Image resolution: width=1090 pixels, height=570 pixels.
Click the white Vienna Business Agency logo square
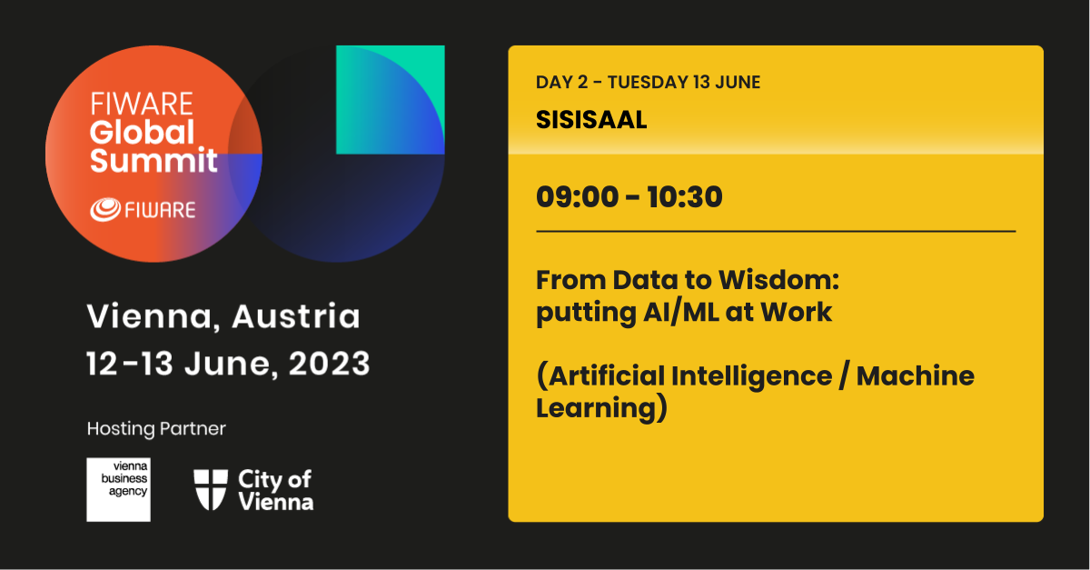tap(118, 489)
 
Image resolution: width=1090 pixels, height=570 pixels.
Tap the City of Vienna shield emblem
tap(211, 490)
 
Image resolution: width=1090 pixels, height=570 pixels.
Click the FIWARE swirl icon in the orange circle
tap(105, 209)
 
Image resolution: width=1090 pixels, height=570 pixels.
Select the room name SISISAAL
tap(591, 120)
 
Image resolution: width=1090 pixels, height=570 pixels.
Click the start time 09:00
tap(577, 197)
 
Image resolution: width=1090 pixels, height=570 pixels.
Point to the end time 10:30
tap(685, 197)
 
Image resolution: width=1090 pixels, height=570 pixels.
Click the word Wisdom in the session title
tap(779, 280)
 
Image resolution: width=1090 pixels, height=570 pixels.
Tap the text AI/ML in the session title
tap(680, 313)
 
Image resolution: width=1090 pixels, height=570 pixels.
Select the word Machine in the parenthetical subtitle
tap(916, 376)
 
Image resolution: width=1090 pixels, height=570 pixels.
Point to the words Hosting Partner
tap(156, 429)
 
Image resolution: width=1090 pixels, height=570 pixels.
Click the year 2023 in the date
tap(330, 364)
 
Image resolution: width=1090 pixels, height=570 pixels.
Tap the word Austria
tap(296, 316)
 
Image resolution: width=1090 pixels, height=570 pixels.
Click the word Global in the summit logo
tap(142, 132)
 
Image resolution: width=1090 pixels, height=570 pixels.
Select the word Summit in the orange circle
tap(154, 160)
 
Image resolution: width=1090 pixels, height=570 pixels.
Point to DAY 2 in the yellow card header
tap(561, 83)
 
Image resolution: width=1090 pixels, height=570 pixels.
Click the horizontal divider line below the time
tap(776, 232)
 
